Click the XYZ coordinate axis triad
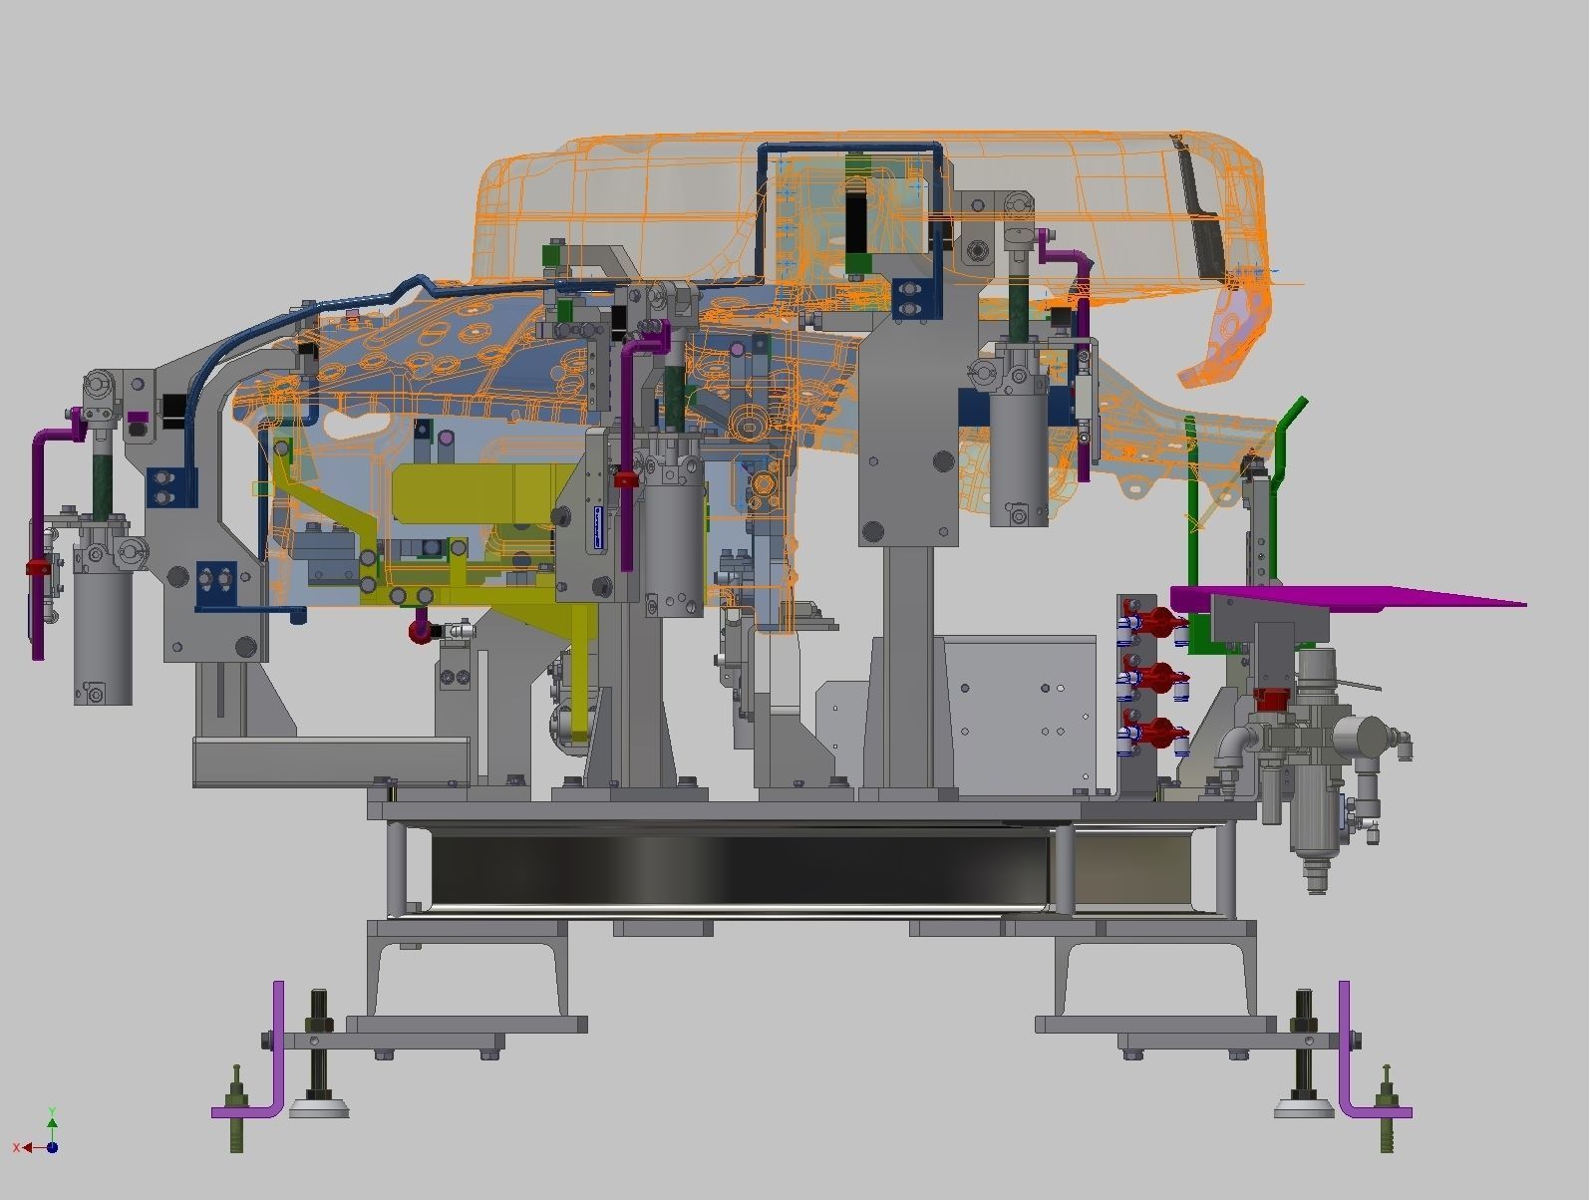pyautogui.click(x=47, y=1136)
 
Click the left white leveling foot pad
pyautogui.click(x=319, y=1106)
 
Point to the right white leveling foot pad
pyautogui.click(x=1303, y=1106)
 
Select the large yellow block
pyautogui.click(x=469, y=493)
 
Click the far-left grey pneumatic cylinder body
pyautogui.click(x=104, y=638)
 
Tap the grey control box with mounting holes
pyautogui.click(x=1017, y=713)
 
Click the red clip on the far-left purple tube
pyautogui.click(x=38, y=568)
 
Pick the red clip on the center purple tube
pyautogui.click(x=625, y=480)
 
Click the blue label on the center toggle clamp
pyautogui.click(x=597, y=528)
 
